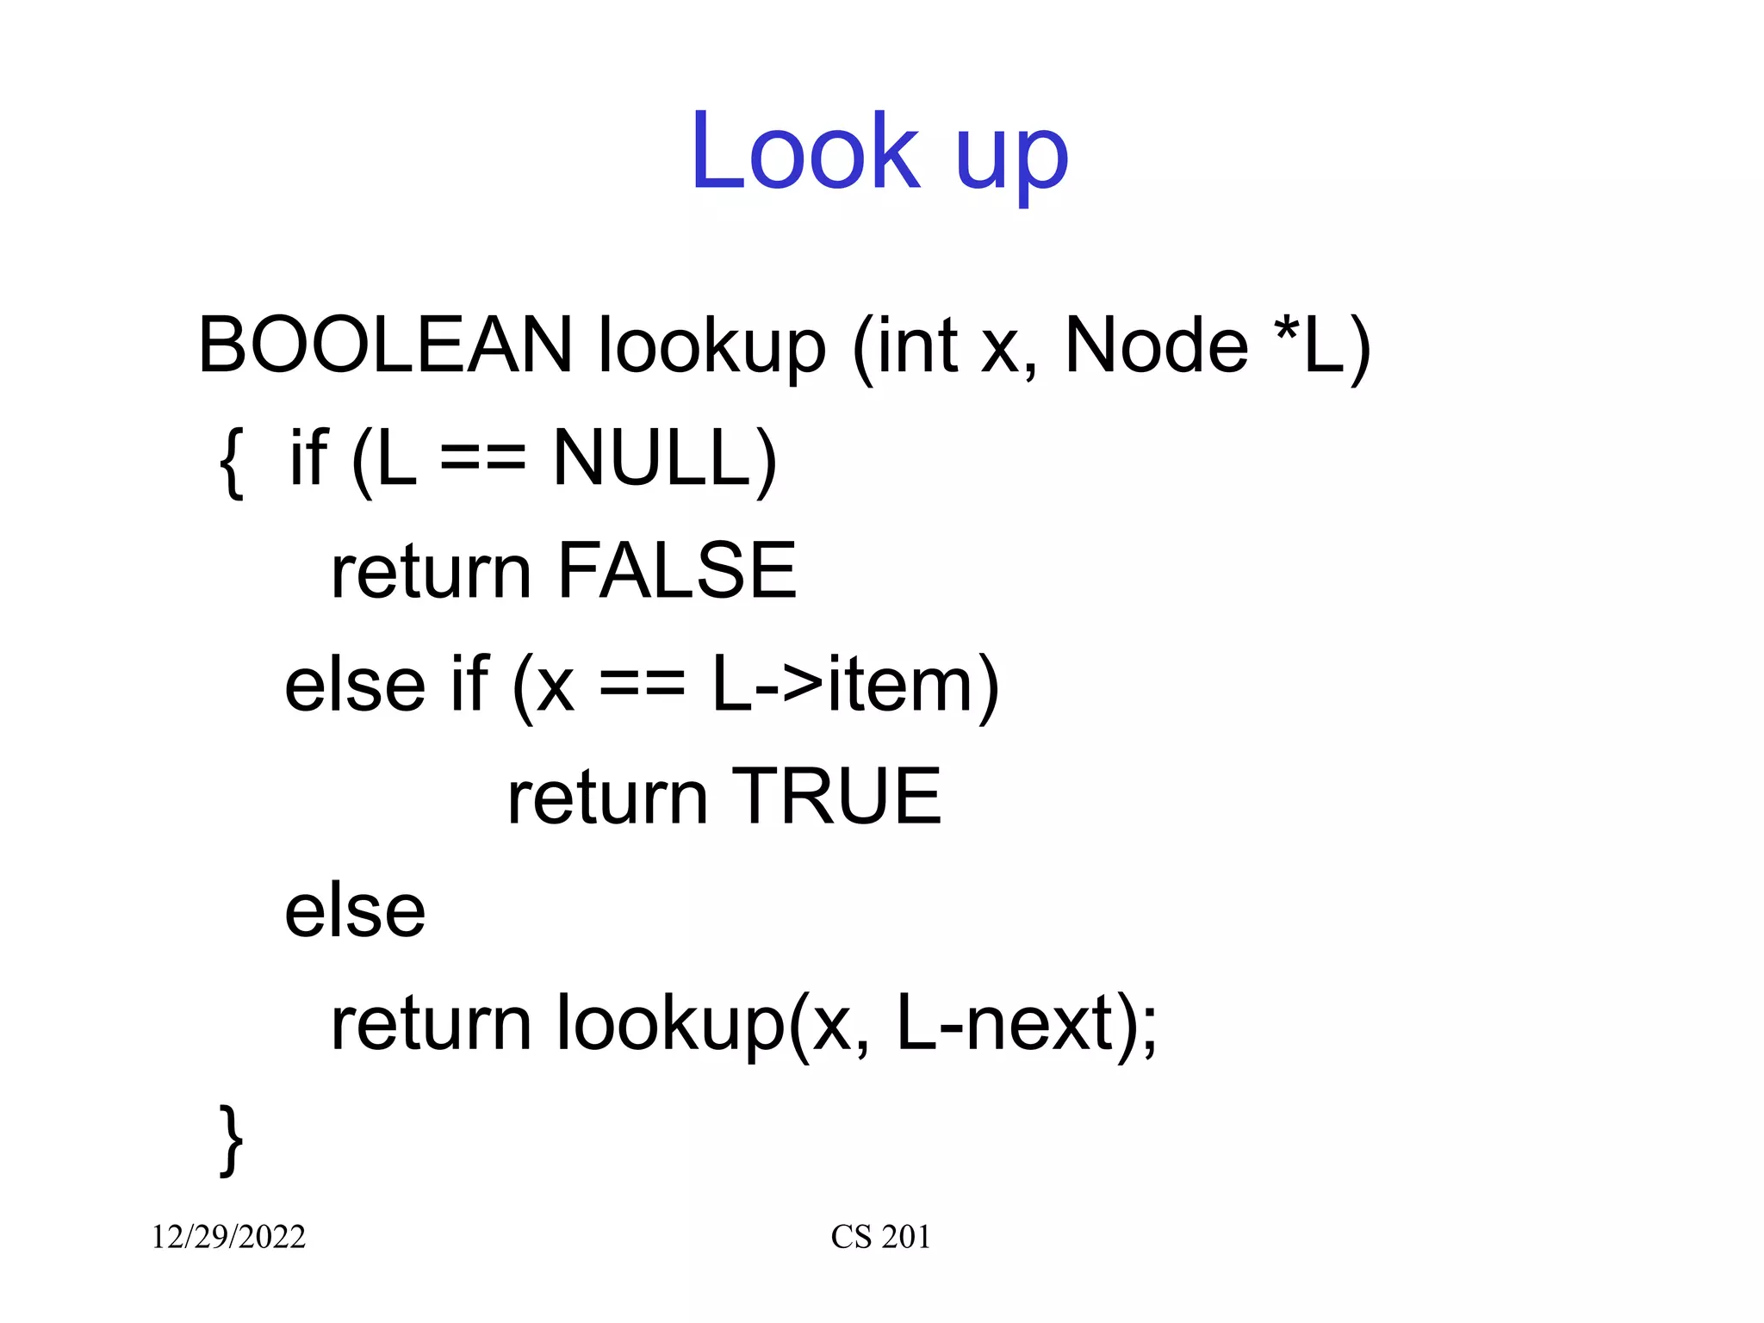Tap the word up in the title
[1011, 159]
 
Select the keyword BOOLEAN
[385, 345]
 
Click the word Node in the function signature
[1156, 345]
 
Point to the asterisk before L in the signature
[1286, 330]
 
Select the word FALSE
[677, 570]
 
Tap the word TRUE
[836, 797]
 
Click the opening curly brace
[231, 462]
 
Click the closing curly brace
[231, 1140]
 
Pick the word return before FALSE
[431, 574]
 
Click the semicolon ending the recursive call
[1148, 1029]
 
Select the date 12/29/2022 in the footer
[228, 1237]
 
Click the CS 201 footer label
[880, 1237]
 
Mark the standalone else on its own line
[355, 911]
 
